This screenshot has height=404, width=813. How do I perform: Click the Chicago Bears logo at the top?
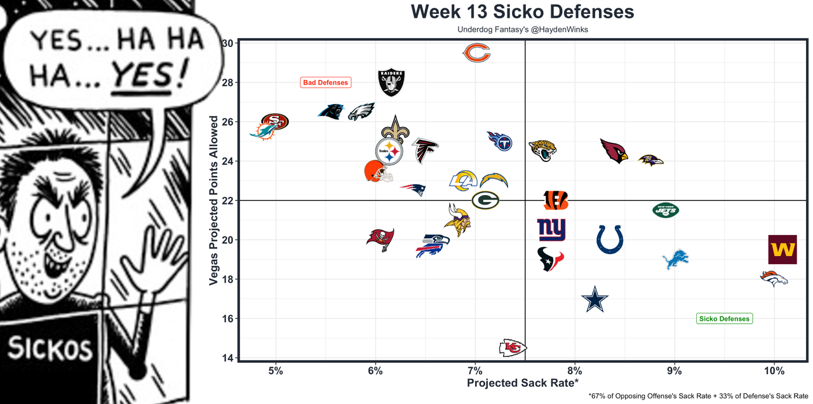tap(476, 53)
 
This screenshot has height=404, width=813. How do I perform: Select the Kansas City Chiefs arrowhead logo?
tap(513, 347)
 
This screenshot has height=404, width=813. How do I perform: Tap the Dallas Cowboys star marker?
tap(595, 300)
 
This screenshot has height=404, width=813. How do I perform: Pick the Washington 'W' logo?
tap(782, 250)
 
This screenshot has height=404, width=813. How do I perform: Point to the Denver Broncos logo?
tap(774, 278)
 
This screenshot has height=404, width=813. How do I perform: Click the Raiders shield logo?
tap(391, 83)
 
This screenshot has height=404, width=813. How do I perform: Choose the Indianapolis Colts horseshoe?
tap(610, 239)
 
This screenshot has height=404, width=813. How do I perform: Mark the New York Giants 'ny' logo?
tap(551, 230)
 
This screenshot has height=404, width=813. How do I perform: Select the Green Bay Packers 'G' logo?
tap(485, 200)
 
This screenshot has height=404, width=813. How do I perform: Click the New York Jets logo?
tap(665, 210)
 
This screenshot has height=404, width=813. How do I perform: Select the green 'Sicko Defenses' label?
tap(724, 319)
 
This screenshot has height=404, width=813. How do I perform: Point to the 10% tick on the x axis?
tap(774, 370)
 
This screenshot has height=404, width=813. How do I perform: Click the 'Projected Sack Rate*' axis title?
tap(523, 383)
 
